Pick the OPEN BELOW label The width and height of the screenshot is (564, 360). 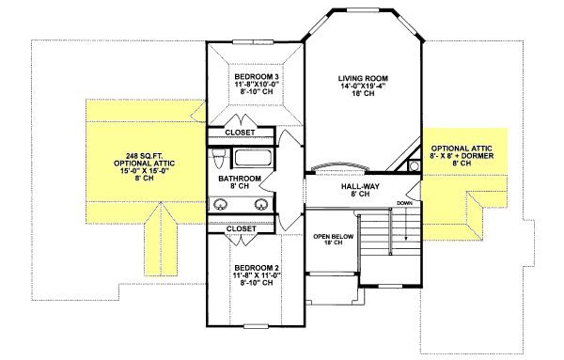(335, 236)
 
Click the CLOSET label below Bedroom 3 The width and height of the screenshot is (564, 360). (243, 133)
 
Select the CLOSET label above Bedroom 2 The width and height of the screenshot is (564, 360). (243, 228)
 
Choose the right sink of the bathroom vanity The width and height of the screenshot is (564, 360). (260, 203)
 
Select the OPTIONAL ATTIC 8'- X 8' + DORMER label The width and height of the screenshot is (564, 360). (461, 155)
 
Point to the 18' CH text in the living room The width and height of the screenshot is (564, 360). (362, 97)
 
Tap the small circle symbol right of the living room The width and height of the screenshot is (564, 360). (414, 166)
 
